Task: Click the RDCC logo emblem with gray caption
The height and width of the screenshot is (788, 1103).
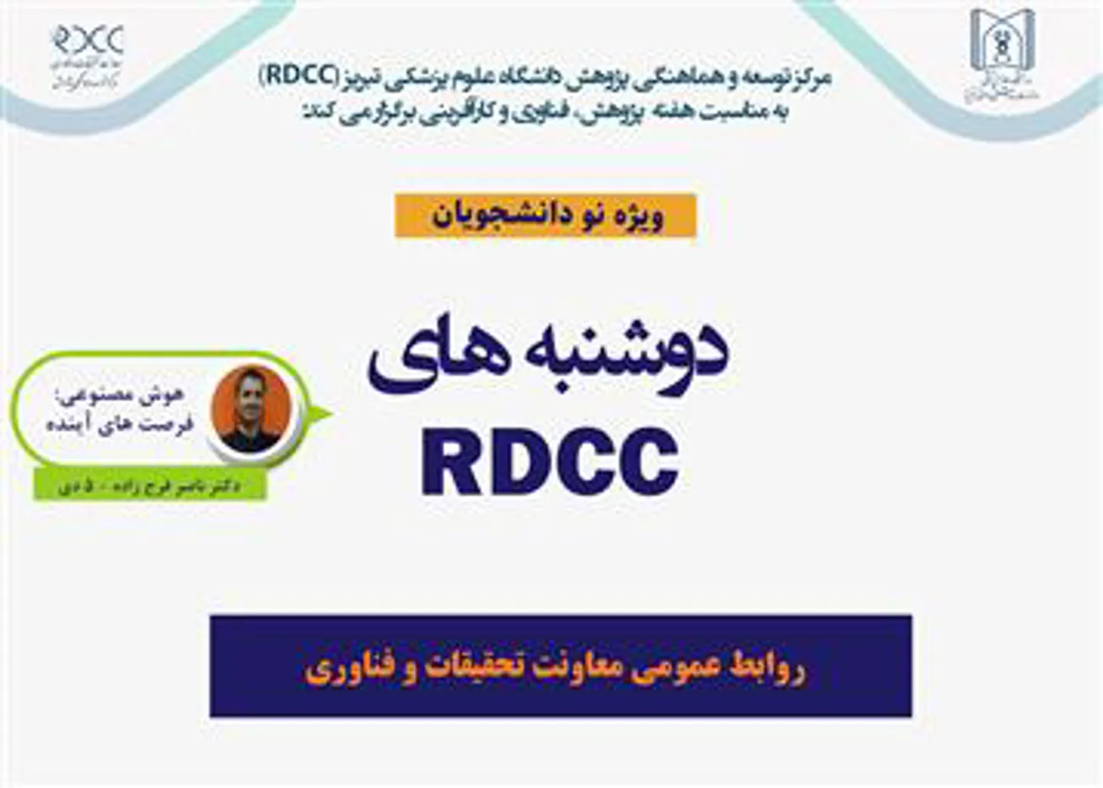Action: click(87, 54)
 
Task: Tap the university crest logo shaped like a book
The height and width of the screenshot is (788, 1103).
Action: click(1002, 53)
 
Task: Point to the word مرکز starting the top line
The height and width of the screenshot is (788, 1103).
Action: click(809, 78)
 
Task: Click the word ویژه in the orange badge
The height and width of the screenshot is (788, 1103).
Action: click(643, 215)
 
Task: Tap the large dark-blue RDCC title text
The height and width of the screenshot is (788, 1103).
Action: click(550, 463)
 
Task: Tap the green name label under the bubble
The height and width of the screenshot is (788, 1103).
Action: click(149, 486)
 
